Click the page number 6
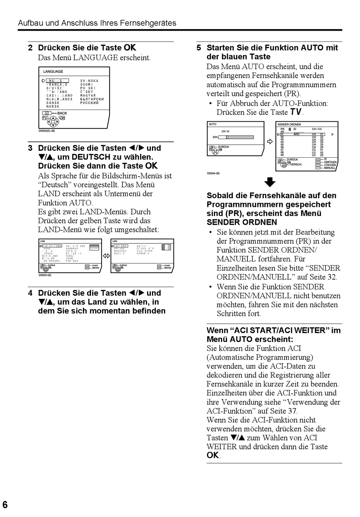point(5,504)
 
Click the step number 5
point(199,48)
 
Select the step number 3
point(30,148)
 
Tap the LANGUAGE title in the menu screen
point(53,72)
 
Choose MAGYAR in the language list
point(88,96)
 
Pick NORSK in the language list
point(53,107)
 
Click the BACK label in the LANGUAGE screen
point(62,113)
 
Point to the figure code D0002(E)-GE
point(47,131)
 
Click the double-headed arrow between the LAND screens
point(106,256)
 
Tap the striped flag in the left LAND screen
point(94,248)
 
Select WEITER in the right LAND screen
point(168,268)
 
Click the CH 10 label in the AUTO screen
point(225,132)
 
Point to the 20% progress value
point(215,137)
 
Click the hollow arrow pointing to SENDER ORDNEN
point(270,142)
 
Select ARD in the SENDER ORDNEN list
point(296,134)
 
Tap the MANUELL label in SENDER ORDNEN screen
point(330,168)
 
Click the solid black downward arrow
point(270,182)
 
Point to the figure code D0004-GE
point(213,174)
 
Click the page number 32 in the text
point(332,277)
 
